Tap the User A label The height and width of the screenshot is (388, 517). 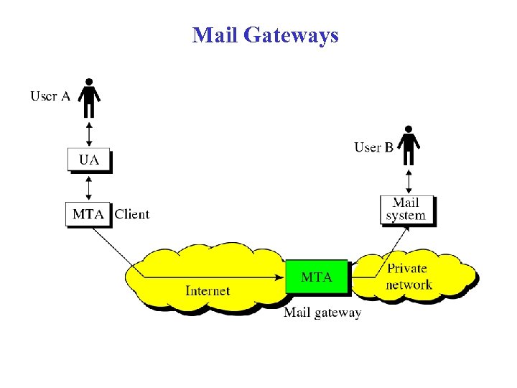coord(50,96)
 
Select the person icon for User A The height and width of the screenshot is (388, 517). coord(89,99)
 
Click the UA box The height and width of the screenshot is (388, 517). coord(89,160)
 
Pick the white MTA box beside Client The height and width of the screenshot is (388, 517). coord(89,213)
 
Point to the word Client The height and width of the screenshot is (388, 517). coord(132,213)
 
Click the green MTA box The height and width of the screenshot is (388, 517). coord(317,277)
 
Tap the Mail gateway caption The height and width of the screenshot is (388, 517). coord(322,313)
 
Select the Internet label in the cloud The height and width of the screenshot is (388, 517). coord(208,290)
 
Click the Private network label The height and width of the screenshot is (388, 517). coord(408,276)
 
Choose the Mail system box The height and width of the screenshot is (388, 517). coord(407,209)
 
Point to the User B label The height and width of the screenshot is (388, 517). coord(373,147)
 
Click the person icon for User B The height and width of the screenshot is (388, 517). coord(409,146)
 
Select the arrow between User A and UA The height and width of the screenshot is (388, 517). coord(89,134)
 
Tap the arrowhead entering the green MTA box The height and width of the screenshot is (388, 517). coord(280,277)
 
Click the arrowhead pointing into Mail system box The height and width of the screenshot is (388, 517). coord(406,227)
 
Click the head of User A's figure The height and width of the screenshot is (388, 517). coord(89,81)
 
